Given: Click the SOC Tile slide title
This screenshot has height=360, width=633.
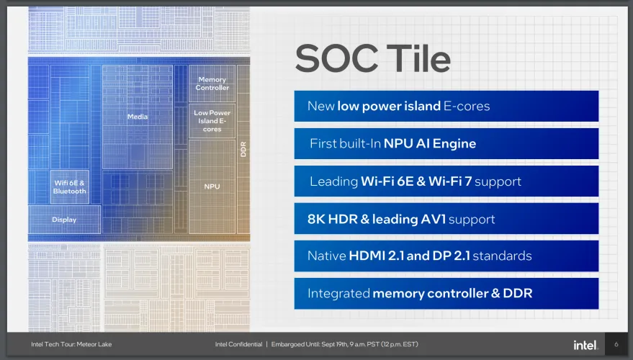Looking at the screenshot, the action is coord(372,59).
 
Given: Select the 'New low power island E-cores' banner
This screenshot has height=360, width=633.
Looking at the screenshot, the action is coord(446,106).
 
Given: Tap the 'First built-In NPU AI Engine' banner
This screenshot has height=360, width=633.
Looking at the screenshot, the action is coord(446,144).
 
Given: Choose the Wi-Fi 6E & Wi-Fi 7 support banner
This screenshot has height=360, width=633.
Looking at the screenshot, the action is coord(446,181).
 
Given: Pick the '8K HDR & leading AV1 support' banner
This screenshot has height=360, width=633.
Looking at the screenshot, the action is coord(446,219).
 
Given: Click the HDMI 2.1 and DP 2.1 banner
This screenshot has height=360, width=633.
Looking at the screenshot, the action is coord(446,256).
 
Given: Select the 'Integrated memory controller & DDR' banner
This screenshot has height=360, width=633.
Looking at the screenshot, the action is coord(446,294).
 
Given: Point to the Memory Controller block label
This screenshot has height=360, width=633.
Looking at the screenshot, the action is coord(212,84).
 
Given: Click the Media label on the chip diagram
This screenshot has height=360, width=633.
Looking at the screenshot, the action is coord(138,117).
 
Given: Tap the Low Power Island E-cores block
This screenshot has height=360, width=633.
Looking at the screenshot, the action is coord(212,121).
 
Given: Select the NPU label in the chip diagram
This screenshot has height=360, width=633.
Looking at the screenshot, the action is coord(212,186).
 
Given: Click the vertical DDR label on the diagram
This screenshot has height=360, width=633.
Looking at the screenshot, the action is coord(243,149).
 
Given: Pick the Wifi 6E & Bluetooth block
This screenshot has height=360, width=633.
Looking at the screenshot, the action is coord(69,187).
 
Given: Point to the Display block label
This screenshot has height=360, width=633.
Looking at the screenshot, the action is coord(64,220).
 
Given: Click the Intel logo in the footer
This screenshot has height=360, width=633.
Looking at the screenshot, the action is coord(585,345).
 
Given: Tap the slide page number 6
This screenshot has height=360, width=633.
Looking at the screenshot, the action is coord(616,344).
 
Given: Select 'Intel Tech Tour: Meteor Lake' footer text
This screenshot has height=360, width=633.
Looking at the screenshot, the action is coord(71,344).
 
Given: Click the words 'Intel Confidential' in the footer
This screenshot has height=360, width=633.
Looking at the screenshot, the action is coord(238,344).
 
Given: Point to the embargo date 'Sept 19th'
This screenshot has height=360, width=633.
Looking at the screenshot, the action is coord(335,344).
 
